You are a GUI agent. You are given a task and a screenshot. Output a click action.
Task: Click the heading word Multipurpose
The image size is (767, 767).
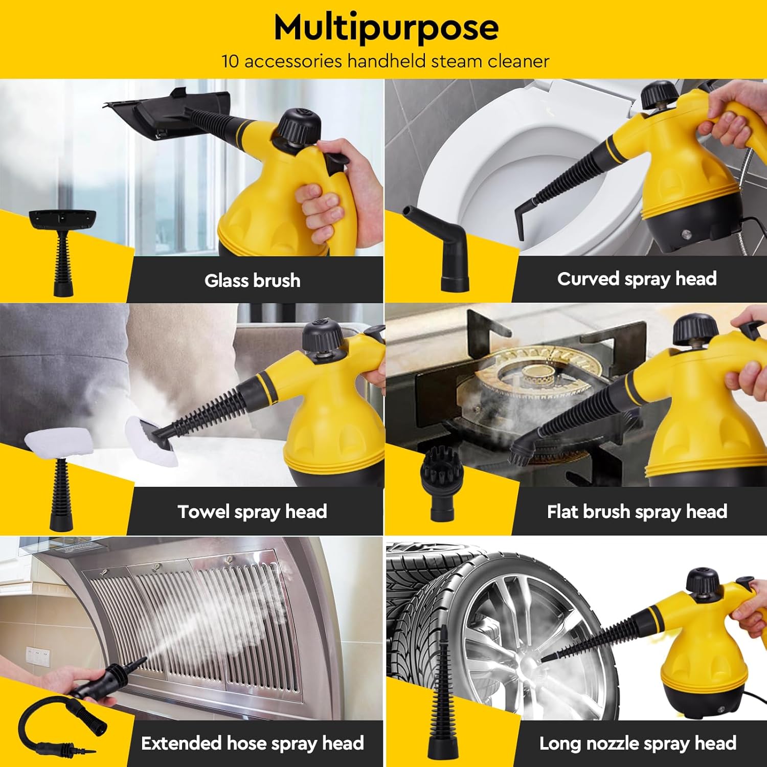[386, 28]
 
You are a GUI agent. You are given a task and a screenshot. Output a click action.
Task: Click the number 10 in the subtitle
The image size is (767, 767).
[230, 61]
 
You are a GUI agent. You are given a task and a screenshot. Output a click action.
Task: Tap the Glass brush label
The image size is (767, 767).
[252, 280]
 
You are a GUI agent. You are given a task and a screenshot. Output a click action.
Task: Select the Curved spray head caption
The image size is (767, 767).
[637, 279]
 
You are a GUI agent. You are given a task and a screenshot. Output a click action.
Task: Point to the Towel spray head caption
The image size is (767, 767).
[252, 511]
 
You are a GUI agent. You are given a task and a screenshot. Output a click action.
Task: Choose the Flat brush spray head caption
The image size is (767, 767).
[637, 511]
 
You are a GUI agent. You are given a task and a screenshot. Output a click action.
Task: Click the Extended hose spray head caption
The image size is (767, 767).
[252, 743]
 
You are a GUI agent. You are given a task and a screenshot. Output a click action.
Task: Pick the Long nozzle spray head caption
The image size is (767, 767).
[638, 743]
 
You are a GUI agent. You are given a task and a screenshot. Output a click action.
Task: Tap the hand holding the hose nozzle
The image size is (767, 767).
[56, 680]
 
